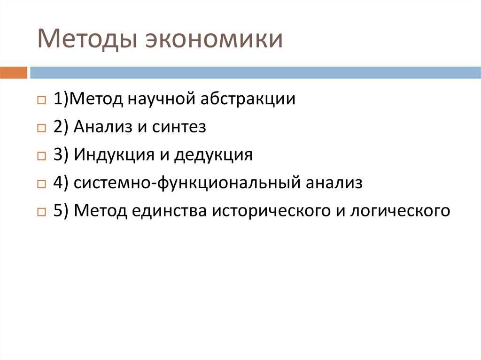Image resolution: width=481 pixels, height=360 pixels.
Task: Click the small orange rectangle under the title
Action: (14, 73)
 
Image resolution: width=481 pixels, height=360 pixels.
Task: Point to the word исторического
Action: (271, 210)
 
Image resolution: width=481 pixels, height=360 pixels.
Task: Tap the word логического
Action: (399, 210)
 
